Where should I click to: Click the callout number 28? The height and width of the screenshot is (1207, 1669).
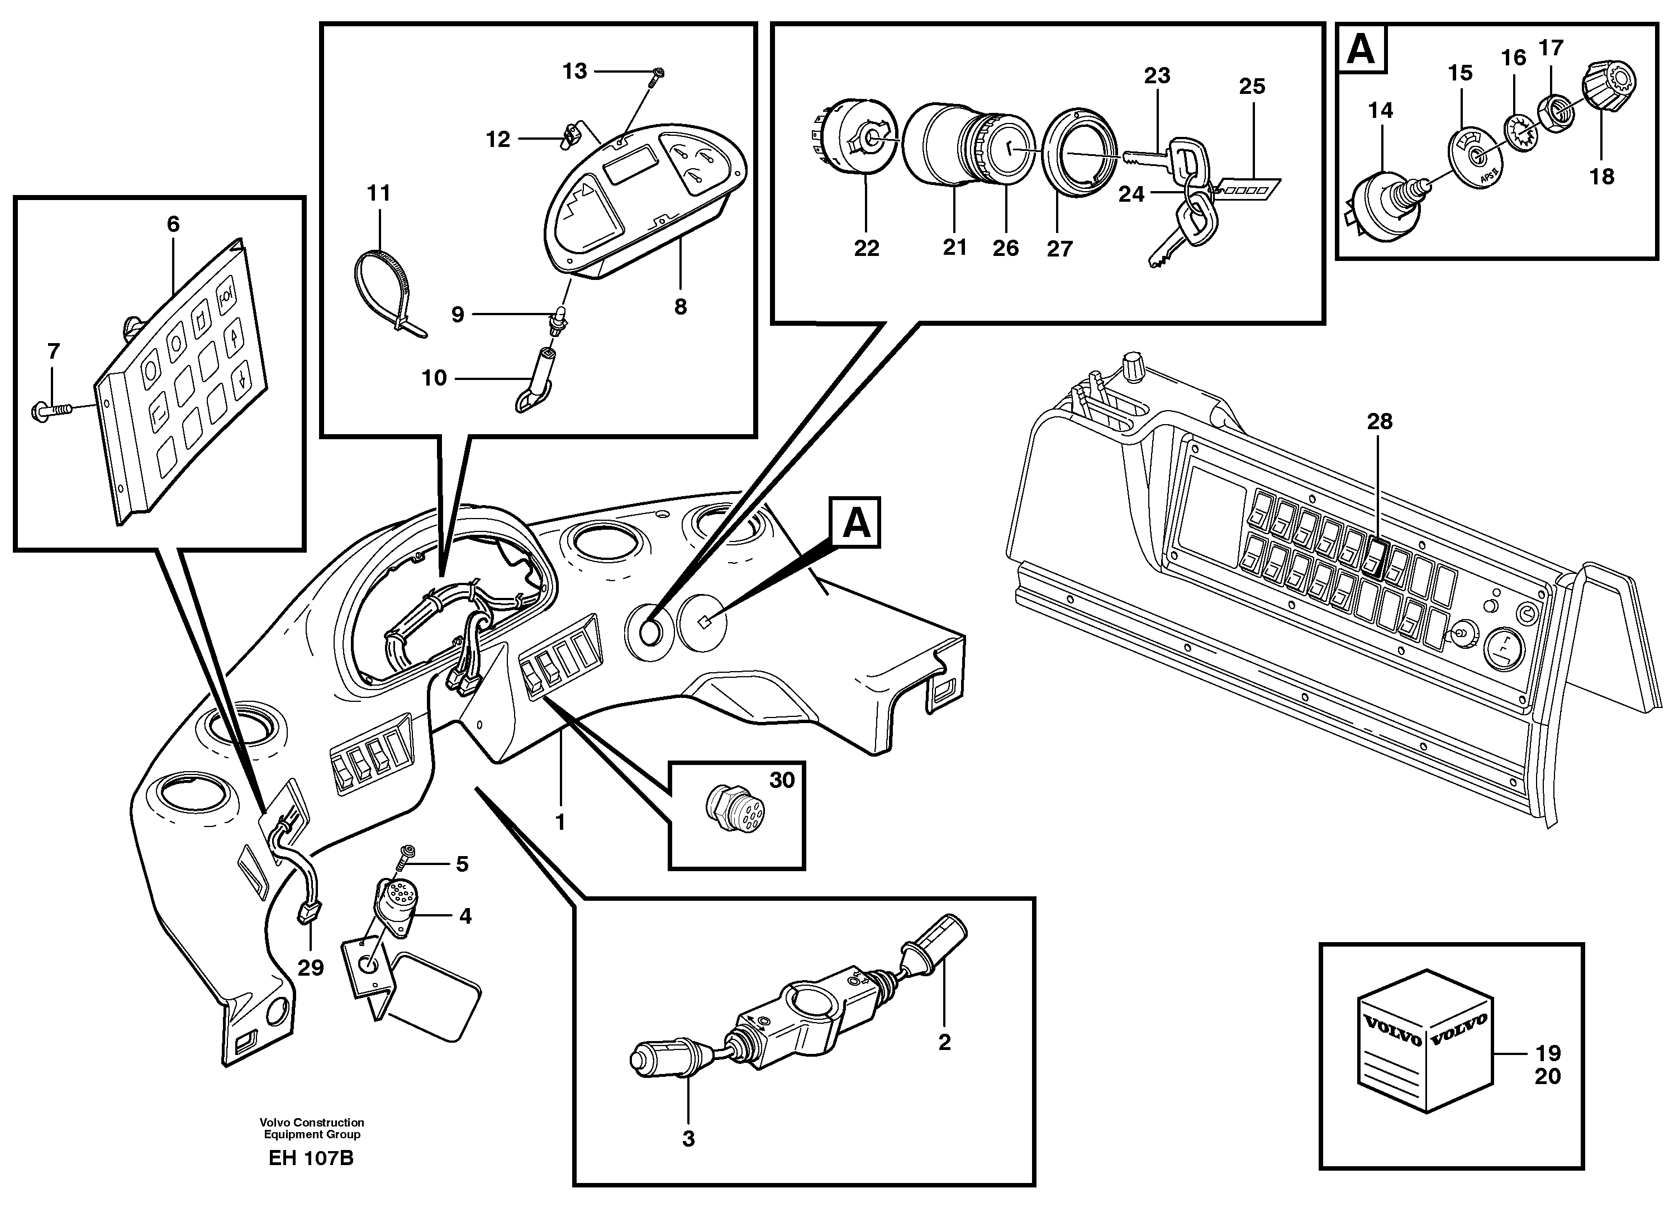pyautogui.click(x=1380, y=422)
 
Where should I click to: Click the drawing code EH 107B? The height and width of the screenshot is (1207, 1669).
pyautogui.click(x=311, y=1158)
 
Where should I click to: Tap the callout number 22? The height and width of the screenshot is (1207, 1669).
pyautogui.click(x=866, y=249)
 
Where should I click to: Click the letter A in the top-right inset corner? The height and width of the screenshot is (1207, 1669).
pyautogui.click(x=1361, y=50)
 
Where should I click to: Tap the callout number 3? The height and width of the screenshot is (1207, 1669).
pyautogui.click(x=688, y=1139)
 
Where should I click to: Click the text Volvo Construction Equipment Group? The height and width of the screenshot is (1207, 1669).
pyautogui.click(x=311, y=1128)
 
